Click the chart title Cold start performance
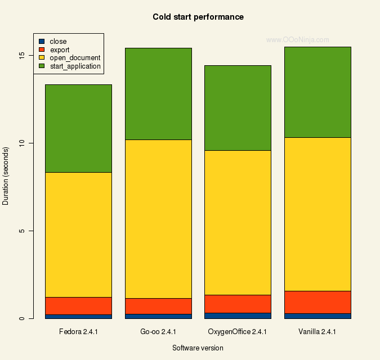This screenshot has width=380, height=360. [x=198, y=17]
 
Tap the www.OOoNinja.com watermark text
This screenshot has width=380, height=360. [x=297, y=40]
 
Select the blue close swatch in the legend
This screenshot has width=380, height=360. [x=41, y=41]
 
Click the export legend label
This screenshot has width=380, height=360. [x=60, y=49]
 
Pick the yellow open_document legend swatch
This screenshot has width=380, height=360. [x=41, y=58]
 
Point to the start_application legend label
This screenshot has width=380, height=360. [x=75, y=66]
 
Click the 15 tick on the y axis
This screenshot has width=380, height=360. [x=21, y=55]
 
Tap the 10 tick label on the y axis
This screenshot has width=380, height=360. [x=21, y=143]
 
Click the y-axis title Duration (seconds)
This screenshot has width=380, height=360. [x=6, y=175]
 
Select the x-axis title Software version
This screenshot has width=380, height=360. [x=198, y=348]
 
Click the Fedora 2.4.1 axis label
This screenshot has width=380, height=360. [x=78, y=332]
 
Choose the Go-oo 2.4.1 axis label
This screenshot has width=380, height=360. [x=158, y=332]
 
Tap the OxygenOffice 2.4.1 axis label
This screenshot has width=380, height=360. [x=237, y=332]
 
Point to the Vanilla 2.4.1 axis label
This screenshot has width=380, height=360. [x=318, y=332]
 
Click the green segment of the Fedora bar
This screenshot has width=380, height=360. [x=78, y=128]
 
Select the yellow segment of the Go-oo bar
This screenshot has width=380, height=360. [x=158, y=219]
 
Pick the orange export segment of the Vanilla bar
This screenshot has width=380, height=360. [x=318, y=302]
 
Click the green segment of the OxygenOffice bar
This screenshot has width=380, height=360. [x=238, y=108]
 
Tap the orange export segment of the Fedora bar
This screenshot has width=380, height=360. [x=78, y=305]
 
